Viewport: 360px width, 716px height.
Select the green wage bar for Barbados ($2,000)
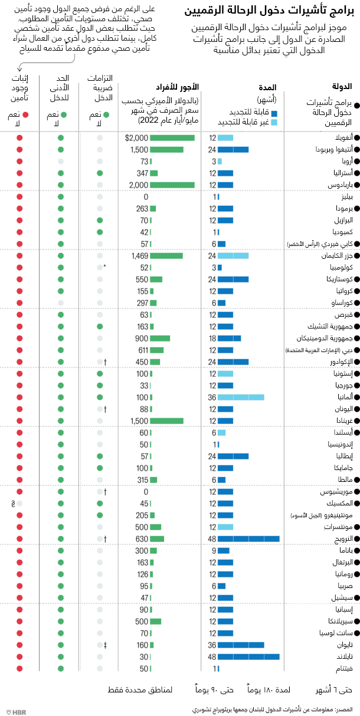coord(172,185)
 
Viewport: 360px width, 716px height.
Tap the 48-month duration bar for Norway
coord(248,538)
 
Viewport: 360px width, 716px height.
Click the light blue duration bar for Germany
coord(241,397)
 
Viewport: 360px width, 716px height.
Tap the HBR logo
coord(15,711)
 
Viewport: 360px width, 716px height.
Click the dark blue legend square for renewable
coord(274,112)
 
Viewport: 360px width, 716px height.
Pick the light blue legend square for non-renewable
coord(274,122)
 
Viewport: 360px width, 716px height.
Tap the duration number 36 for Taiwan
coord(212,645)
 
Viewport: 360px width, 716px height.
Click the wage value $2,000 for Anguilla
coord(136,137)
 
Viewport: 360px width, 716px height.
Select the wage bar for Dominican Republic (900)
coord(160,338)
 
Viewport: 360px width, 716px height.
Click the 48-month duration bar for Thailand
coord(248,656)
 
